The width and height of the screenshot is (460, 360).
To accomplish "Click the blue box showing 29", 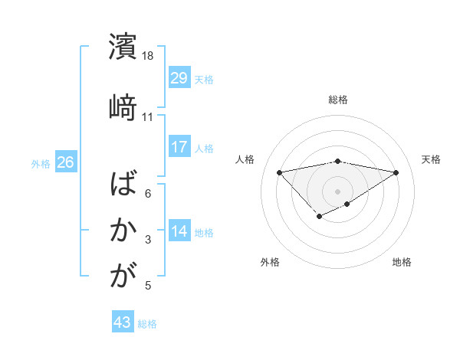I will coord(179,78).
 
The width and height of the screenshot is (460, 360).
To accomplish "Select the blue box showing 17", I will coord(179,147).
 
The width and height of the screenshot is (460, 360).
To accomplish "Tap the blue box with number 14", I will coord(179,231).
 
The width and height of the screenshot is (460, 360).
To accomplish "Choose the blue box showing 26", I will coord(66,162).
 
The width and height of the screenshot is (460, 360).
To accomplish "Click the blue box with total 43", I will coord(123,322).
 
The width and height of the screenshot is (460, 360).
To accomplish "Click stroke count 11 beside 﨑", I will coord(148,117).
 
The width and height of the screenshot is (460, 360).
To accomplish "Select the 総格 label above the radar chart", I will coord(338,100).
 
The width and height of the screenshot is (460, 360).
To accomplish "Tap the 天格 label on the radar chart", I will coord(432,159).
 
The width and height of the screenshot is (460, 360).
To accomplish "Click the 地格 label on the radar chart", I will coord(402,262).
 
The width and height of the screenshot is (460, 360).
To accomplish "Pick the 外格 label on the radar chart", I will coord(270,262).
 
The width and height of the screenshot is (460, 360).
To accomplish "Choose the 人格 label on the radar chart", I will coord(245,159).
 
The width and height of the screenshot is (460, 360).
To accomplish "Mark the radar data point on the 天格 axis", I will coord(396,172).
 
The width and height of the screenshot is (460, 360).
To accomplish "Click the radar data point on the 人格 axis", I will coord(279,172).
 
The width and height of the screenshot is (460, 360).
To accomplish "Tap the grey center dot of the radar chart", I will coord(337,191).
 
